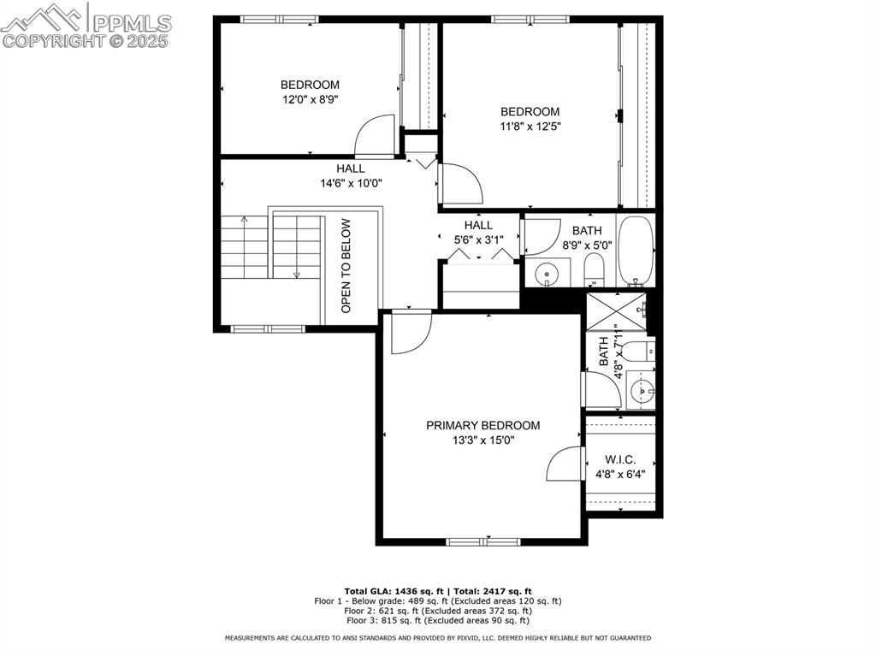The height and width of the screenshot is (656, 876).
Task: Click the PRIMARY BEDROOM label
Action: pos(483,425)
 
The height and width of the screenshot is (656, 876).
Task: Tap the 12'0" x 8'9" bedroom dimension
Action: pos(310,99)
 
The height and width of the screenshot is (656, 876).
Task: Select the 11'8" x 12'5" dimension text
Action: pos(530,126)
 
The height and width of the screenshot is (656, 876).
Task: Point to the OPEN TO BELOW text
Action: pos(346,266)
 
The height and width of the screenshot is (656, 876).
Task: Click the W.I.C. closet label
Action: pos(620,459)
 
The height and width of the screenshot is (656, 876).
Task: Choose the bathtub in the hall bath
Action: pos(635,251)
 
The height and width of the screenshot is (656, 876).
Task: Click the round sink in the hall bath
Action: pos(545,275)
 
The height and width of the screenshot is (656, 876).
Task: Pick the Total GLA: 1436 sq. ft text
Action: pos(389,591)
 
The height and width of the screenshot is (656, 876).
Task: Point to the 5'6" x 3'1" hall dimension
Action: pos(478,240)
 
